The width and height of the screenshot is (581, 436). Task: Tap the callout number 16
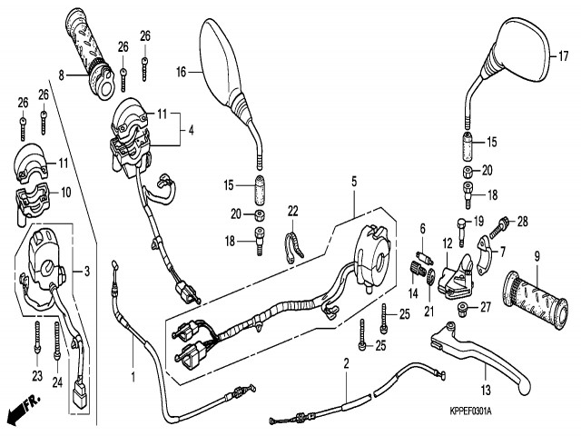click(181, 71)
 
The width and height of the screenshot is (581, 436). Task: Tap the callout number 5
click(355, 182)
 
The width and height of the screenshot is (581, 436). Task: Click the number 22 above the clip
click(293, 211)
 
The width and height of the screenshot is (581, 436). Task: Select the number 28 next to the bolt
click(522, 221)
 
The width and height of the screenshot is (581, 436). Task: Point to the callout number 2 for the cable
click(346, 364)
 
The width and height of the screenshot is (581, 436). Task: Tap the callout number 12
click(447, 243)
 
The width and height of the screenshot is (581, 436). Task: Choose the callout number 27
click(484, 308)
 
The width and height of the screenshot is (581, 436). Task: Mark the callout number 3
click(87, 271)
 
